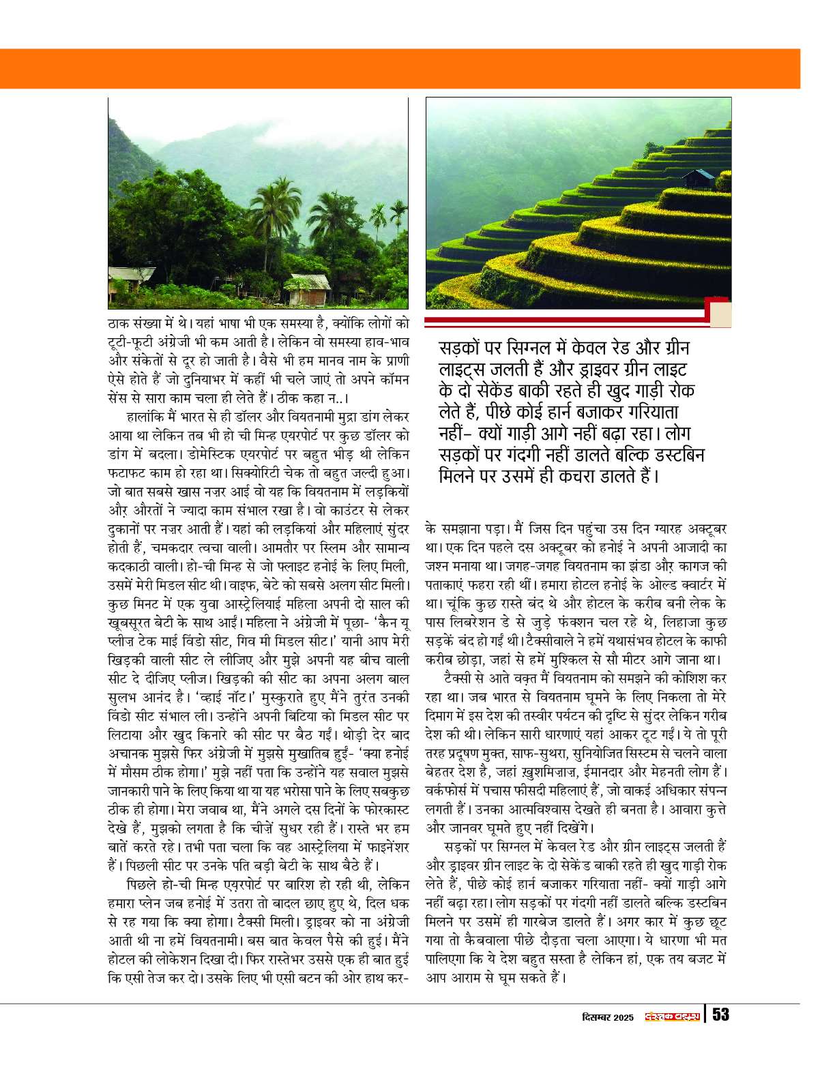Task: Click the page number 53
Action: click(x=721, y=1015)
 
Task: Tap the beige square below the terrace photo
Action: click(x=720, y=314)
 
